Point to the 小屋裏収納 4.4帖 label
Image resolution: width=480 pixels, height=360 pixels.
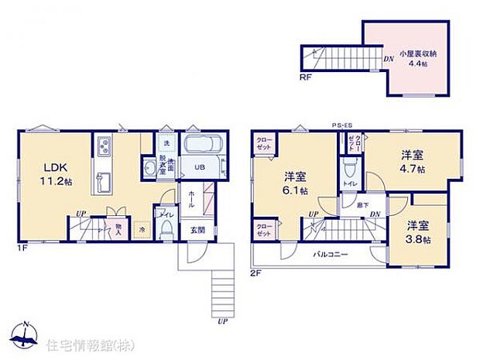pyautogui.click(x=416, y=58)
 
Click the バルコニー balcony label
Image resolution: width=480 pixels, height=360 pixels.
pyautogui.click(x=330, y=254)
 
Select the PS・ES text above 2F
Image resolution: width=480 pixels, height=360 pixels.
pyautogui.click(x=341, y=125)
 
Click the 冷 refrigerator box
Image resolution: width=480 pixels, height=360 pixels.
pyautogui.click(x=142, y=229)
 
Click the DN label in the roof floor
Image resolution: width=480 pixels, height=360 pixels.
pyautogui.click(x=389, y=58)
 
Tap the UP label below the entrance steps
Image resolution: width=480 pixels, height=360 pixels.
pyautogui.click(x=223, y=320)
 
